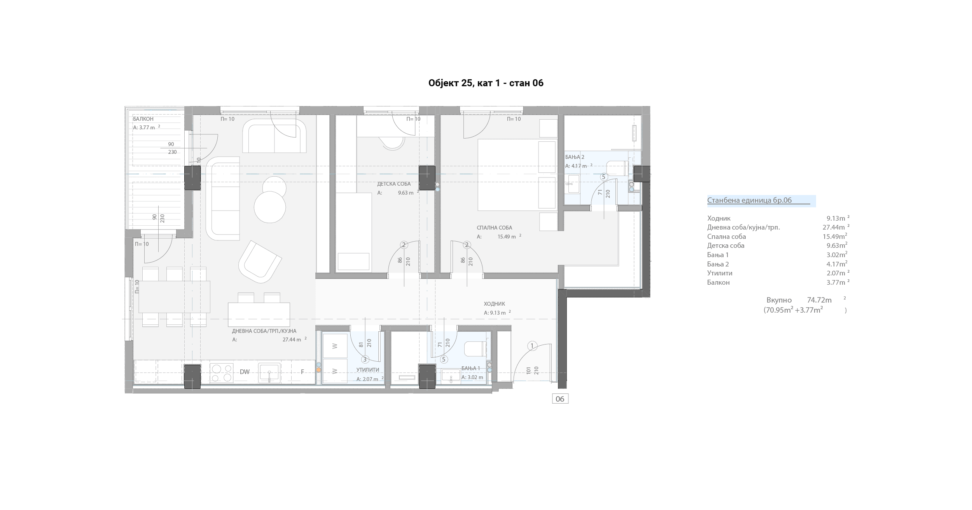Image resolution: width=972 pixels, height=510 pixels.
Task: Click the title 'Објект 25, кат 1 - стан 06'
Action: (x=486, y=83)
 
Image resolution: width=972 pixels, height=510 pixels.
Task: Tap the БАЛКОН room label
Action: (x=143, y=119)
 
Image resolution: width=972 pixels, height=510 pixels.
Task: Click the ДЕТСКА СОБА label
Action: (x=393, y=184)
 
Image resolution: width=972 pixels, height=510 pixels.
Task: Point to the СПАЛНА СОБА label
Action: (x=495, y=228)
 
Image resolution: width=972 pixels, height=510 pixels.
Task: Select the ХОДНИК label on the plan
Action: (x=495, y=304)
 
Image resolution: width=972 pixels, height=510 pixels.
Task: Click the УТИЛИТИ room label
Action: (x=368, y=370)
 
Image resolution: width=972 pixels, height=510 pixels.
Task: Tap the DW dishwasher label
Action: (x=245, y=372)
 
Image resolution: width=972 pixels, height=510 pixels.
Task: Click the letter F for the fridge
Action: (x=302, y=372)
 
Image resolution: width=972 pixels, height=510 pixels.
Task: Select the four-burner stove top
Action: (x=222, y=373)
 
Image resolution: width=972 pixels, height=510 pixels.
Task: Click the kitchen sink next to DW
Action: (x=269, y=373)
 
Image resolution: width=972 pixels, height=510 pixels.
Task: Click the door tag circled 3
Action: (x=365, y=360)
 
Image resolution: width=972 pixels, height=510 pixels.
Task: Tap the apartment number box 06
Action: (x=560, y=399)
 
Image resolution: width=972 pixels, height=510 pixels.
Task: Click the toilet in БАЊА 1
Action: (x=475, y=349)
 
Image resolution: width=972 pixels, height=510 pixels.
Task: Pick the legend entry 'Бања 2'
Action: (x=718, y=264)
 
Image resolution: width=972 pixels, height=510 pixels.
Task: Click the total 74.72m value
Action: (x=819, y=300)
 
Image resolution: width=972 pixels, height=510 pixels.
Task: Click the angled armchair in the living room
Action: (x=260, y=262)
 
